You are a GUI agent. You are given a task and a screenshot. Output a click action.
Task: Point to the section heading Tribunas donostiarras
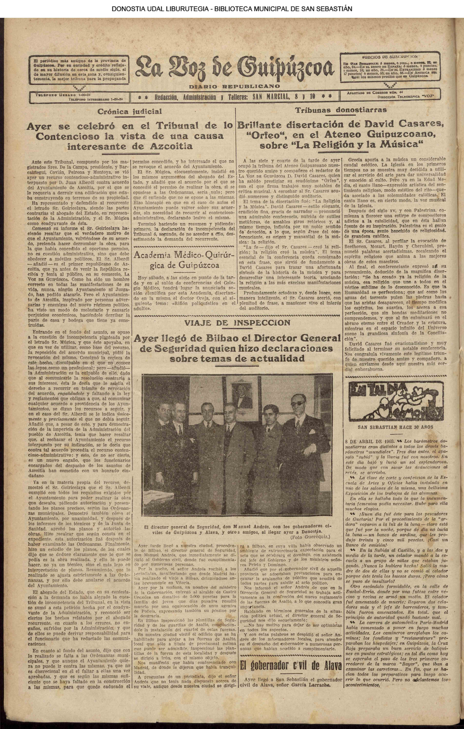pos(341,110)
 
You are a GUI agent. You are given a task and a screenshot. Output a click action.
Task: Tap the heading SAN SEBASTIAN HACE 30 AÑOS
pos(395,427)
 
